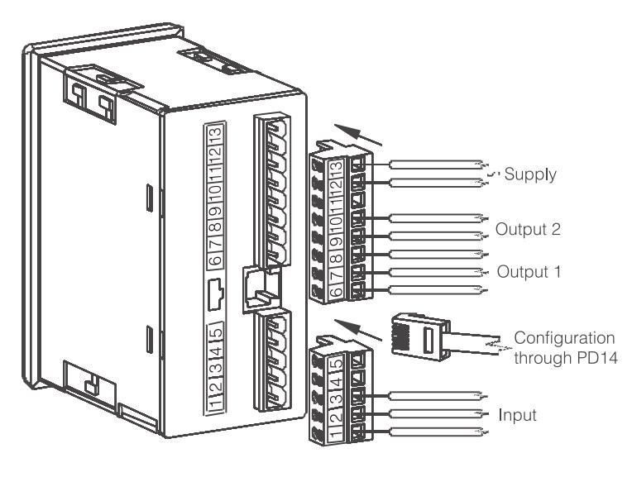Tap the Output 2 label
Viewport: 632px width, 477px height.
coord(529,229)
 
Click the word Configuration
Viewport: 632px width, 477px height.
coord(564,340)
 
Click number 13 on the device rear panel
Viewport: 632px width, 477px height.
coord(213,134)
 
